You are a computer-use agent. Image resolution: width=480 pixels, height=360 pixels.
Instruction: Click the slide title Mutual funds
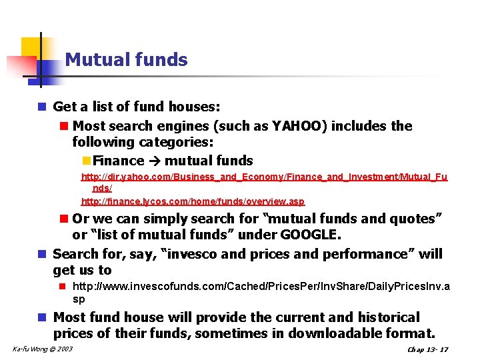pyautogui.click(x=126, y=60)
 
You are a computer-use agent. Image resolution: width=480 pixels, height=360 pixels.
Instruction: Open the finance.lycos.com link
pyautogui.click(x=193, y=201)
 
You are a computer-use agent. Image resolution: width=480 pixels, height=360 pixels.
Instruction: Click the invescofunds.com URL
pyautogui.click(x=261, y=287)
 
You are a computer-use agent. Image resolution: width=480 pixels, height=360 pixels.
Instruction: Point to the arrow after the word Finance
pyautogui.click(x=154, y=161)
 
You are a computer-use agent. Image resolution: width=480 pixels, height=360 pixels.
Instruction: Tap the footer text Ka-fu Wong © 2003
pyautogui.click(x=43, y=349)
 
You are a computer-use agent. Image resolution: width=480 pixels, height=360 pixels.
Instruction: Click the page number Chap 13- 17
pyautogui.click(x=427, y=349)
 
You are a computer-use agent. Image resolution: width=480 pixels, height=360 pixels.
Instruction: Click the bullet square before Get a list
pyautogui.click(x=42, y=107)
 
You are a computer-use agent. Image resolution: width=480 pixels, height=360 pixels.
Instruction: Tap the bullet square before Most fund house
pyautogui.click(x=42, y=317)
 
